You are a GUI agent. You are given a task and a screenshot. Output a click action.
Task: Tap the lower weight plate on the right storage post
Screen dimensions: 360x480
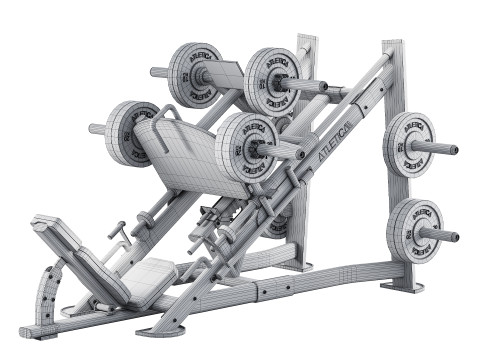[413, 230]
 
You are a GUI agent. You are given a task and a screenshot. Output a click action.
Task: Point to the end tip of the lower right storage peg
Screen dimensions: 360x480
[456, 238]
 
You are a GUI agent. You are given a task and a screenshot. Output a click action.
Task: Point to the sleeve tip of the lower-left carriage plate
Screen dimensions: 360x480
[94, 128]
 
